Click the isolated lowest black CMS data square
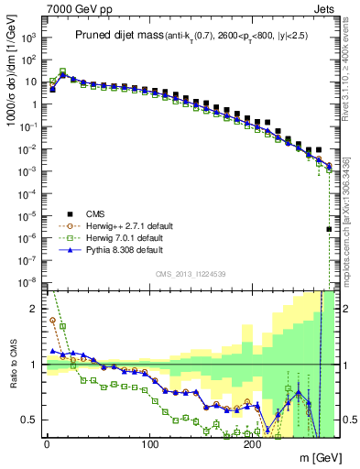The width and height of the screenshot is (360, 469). pos(329,229)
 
